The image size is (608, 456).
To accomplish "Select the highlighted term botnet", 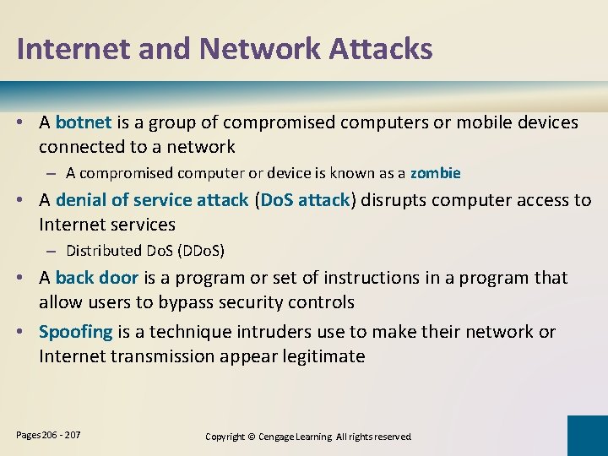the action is (84, 122).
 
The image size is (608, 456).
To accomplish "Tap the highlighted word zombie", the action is (435, 173).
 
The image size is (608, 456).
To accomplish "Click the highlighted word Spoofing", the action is (75, 332).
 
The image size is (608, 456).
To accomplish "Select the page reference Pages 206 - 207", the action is (49, 434).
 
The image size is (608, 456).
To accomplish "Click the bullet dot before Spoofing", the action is (27, 332).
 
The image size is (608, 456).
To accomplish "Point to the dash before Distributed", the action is (52, 251).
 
